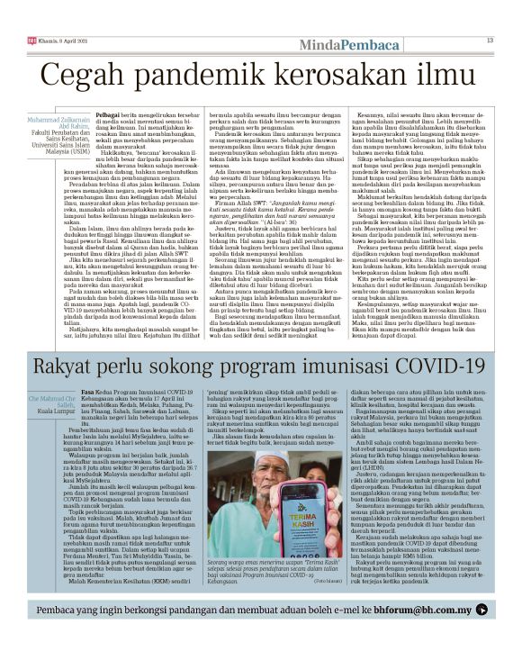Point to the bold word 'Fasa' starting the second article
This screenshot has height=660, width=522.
[x=88, y=393]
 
